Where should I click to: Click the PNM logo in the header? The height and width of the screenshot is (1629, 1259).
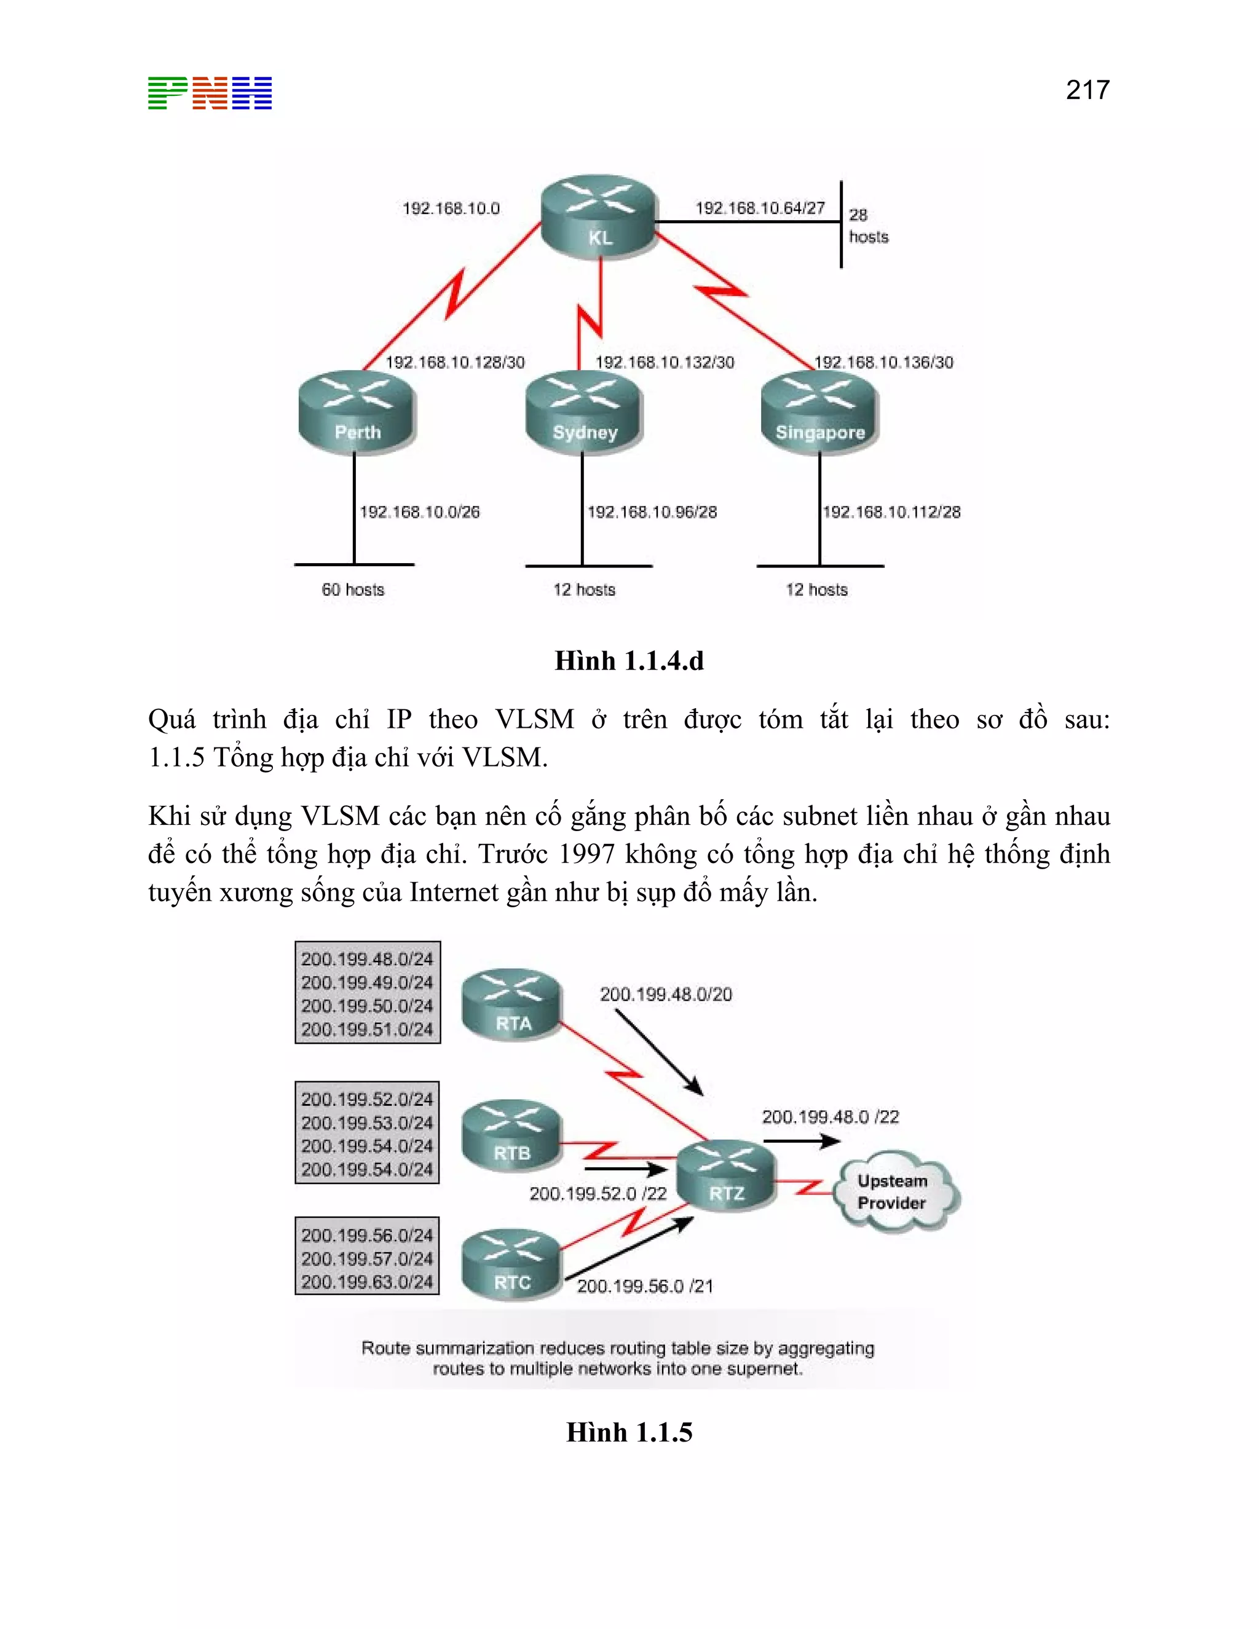tap(210, 93)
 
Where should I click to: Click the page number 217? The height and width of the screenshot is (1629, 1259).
tap(1087, 90)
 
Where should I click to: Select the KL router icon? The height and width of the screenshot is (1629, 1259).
tap(599, 217)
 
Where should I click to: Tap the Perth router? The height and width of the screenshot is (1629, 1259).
tap(357, 412)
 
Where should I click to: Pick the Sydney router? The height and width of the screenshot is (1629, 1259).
tap(584, 412)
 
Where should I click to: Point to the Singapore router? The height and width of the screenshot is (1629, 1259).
tap(819, 412)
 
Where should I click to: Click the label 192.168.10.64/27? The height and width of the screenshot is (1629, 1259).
tap(760, 208)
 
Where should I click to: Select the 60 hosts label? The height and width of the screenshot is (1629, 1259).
tap(353, 590)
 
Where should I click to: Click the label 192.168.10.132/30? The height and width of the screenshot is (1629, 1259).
tap(665, 363)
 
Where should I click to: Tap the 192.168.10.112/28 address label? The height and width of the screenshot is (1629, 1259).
tap(891, 511)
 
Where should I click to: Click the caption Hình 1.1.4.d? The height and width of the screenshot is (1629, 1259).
tap(629, 661)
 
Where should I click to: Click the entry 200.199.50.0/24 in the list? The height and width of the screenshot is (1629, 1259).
tap(367, 1006)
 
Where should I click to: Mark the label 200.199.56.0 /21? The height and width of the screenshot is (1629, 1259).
tap(645, 1286)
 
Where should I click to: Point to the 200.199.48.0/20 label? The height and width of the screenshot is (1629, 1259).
tap(666, 994)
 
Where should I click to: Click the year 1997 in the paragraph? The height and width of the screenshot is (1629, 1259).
tap(587, 854)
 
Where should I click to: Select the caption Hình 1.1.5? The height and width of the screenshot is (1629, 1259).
tap(629, 1432)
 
